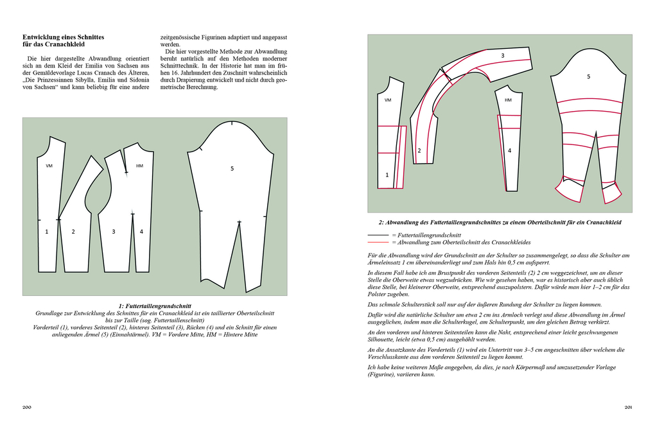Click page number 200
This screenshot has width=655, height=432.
tap(27, 407)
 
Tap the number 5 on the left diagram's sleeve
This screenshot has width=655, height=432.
tap(232, 168)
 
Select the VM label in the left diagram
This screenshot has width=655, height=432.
tap(49, 166)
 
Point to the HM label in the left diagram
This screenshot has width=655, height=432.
tap(139, 166)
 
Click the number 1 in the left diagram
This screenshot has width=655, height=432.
tap(47, 231)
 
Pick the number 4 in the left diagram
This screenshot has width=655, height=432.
tap(141, 231)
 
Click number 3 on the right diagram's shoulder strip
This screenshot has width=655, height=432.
tap(503, 56)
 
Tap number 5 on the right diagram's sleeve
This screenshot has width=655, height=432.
tap(588, 76)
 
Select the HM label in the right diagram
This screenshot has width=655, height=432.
tap(508, 100)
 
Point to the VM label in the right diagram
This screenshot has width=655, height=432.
tap(388, 100)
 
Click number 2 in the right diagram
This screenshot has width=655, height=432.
tap(419, 151)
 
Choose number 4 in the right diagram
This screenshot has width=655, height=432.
tap(509, 151)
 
